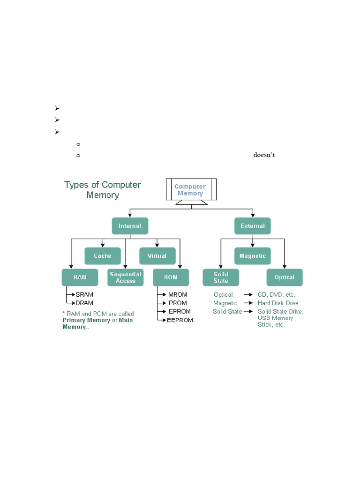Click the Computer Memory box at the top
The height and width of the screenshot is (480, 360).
[x=190, y=190]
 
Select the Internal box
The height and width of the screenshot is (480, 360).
[x=130, y=226]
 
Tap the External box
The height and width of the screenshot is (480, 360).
[x=253, y=226]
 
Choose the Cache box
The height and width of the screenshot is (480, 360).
[x=103, y=256]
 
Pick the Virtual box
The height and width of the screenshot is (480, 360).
[x=157, y=256]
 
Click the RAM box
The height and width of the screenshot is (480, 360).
[x=80, y=277]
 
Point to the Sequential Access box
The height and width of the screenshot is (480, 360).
[x=126, y=277]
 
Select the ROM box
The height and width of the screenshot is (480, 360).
[x=171, y=277]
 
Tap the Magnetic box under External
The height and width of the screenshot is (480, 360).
[x=253, y=256]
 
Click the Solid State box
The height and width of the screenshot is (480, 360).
[x=221, y=277]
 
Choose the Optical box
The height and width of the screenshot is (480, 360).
[x=285, y=277]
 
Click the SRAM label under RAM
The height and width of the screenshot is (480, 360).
[x=84, y=295]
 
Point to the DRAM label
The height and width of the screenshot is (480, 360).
[x=84, y=303]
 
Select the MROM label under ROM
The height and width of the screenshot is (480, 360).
[x=178, y=295]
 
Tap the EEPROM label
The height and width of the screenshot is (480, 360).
[x=180, y=320]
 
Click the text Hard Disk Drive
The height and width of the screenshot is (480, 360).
[x=278, y=303]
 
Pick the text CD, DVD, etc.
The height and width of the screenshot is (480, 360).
[x=277, y=295]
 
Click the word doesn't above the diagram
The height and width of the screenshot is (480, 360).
[x=264, y=155]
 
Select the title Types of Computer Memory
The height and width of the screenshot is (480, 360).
[x=103, y=189]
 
